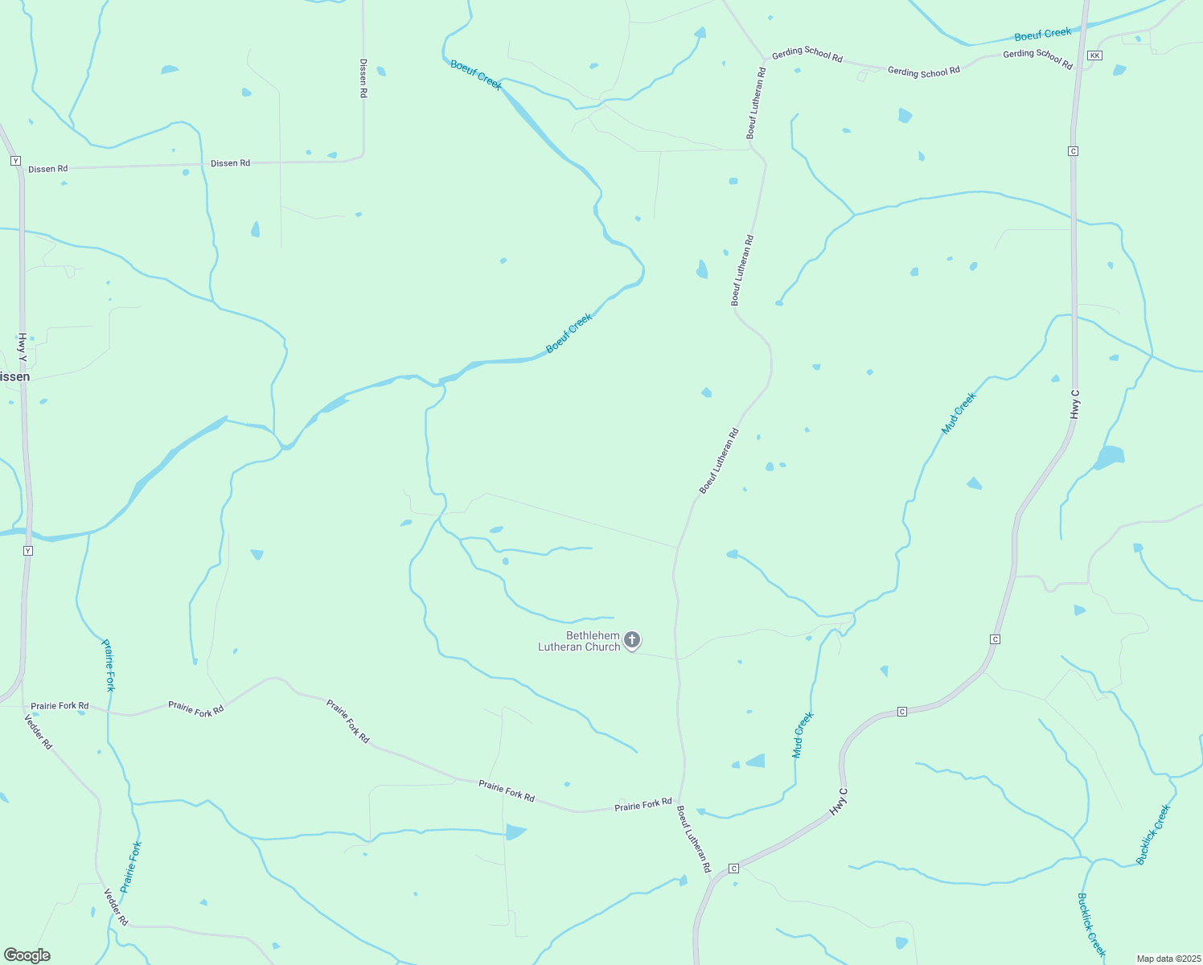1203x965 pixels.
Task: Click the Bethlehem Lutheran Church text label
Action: point(579,641)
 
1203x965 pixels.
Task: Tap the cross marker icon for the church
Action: point(632,640)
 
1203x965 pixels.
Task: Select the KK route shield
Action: point(1094,55)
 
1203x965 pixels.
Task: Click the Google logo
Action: point(27,955)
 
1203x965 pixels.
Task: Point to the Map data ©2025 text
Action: point(1168,959)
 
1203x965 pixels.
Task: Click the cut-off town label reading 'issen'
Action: point(14,376)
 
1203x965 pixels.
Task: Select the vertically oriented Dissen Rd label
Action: point(363,78)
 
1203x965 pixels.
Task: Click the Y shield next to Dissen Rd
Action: point(15,161)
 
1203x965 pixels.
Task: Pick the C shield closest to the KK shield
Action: point(1073,151)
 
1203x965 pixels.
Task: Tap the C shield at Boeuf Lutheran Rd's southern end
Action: point(733,868)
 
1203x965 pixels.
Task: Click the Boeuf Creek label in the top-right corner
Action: point(1042,35)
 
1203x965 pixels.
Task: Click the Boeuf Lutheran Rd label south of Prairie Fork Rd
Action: point(694,840)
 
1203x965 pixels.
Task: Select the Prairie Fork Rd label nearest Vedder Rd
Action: point(60,705)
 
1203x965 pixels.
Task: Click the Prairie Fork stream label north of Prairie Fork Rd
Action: point(109,665)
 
